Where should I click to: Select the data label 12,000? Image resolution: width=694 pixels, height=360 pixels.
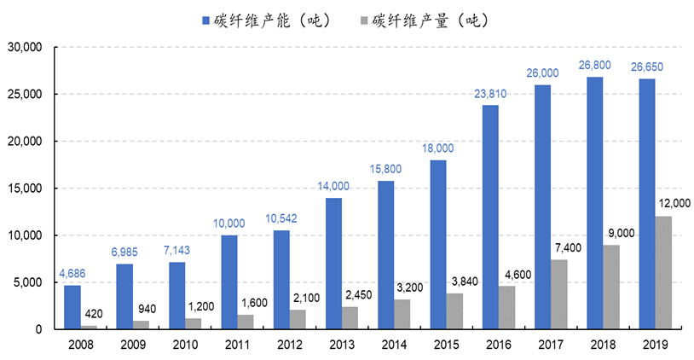[x=673, y=203]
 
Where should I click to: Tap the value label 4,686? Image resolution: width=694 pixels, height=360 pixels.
[x=72, y=274]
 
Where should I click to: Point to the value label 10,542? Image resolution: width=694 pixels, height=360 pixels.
[x=280, y=219]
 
